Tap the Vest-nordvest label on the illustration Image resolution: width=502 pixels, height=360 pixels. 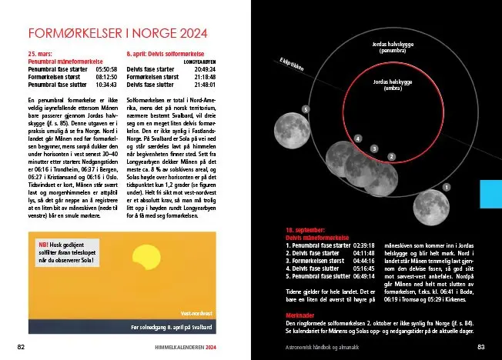click(196, 314)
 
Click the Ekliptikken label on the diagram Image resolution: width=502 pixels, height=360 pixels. click(292, 67)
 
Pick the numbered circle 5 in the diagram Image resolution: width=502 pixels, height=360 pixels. click(306, 110)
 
